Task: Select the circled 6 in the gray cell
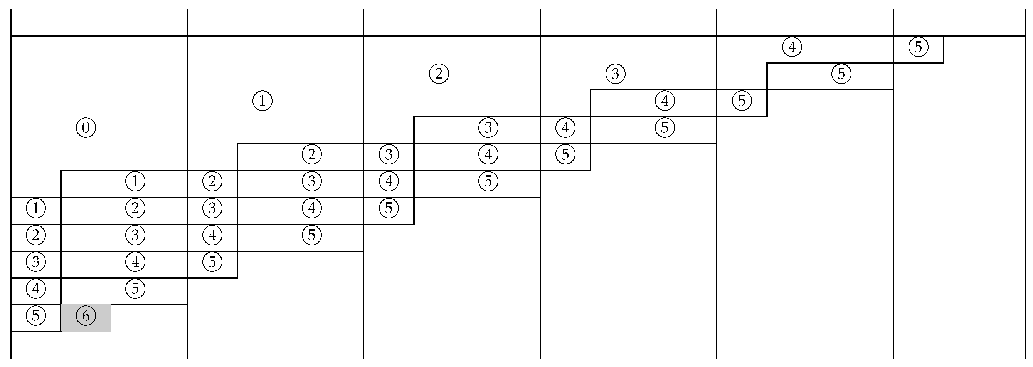point(86,316)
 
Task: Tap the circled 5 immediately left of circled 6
point(36,316)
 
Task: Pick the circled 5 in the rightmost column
point(918,47)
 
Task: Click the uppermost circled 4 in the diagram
point(792,47)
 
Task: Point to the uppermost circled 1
point(262,101)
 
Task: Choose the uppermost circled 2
point(439,74)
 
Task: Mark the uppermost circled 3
point(615,74)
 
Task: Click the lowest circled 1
point(36,208)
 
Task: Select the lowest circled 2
point(36,235)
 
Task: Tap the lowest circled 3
point(36,262)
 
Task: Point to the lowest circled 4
point(36,288)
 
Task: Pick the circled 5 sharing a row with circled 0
point(665,128)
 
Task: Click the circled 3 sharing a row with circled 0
point(488,128)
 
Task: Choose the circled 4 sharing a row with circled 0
point(565,128)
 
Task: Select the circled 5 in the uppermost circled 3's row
point(841,74)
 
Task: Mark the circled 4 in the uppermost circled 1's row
point(665,101)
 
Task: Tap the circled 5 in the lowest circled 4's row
point(135,288)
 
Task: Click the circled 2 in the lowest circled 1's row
point(135,208)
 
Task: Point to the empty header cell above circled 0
point(99,22)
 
